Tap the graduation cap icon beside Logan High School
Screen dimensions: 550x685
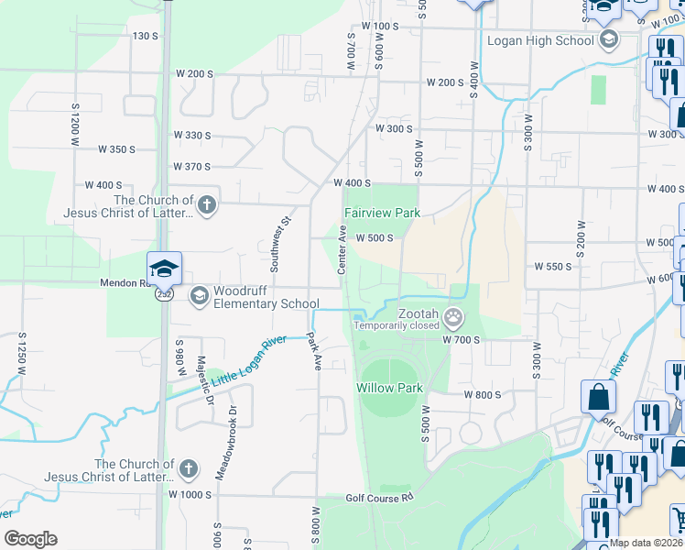pyautogui.click(x=609, y=39)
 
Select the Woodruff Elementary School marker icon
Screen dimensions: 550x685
pyautogui.click(x=199, y=295)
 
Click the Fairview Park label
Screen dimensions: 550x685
pyautogui.click(x=381, y=213)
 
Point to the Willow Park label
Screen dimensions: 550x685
pyautogui.click(x=389, y=388)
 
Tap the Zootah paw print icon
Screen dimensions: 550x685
pyautogui.click(x=452, y=318)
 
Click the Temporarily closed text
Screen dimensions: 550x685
pyautogui.click(x=397, y=324)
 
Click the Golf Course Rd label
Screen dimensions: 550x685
pyautogui.click(x=380, y=498)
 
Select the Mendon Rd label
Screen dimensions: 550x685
pyautogui.click(x=127, y=283)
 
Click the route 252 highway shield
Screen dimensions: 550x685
pyautogui.click(x=163, y=295)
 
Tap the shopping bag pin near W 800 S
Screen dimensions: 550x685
pyautogui.click(x=598, y=397)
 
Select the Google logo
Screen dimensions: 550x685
pyautogui.click(x=30, y=539)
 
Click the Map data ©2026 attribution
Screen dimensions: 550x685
pyautogui.click(x=645, y=543)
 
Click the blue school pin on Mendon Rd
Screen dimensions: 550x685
pyautogui.click(x=164, y=269)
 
